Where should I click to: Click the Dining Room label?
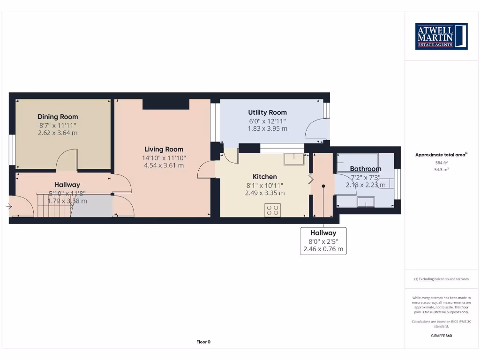click(58, 117)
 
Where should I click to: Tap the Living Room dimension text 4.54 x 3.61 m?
click(164, 165)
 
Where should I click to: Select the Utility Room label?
click(267, 112)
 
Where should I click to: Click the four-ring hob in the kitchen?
click(273, 210)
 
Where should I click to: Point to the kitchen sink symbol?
click(293, 159)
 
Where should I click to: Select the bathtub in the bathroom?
click(358, 159)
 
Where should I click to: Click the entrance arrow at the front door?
click(9, 206)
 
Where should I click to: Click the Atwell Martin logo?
click(441, 36)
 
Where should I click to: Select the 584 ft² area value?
click(441, 162)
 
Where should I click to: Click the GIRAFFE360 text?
click(441, 336)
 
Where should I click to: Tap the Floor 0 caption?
click(203, 342)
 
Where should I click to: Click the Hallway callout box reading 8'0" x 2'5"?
click(323, 241)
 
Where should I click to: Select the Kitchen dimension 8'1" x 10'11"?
click(265, 185)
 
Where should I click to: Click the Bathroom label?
click(366, 169)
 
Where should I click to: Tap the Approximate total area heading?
click(440, 155)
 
